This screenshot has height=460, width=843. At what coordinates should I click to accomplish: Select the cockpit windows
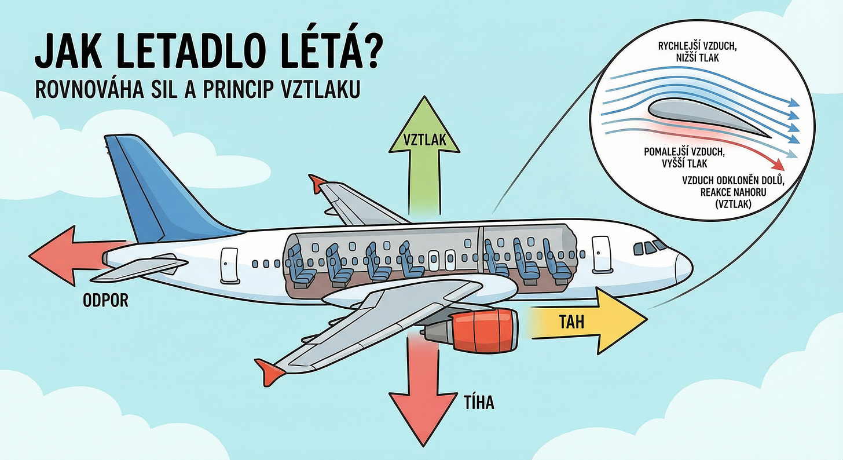point(648,247)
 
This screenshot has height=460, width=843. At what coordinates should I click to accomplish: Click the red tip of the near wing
point(269,369)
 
